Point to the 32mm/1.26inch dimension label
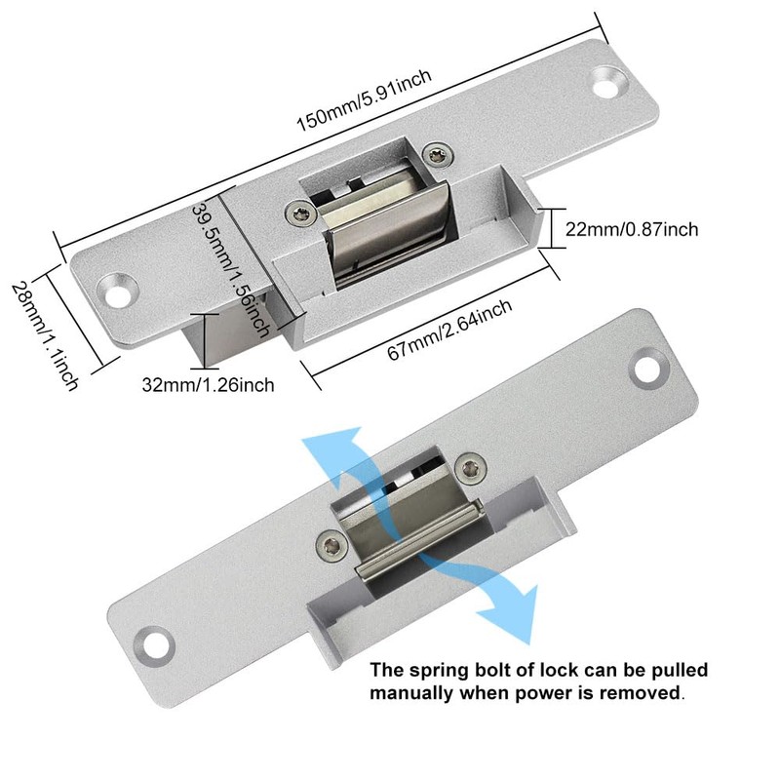click(x=221, y=384)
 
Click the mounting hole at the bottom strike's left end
click(x=149, y=643)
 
